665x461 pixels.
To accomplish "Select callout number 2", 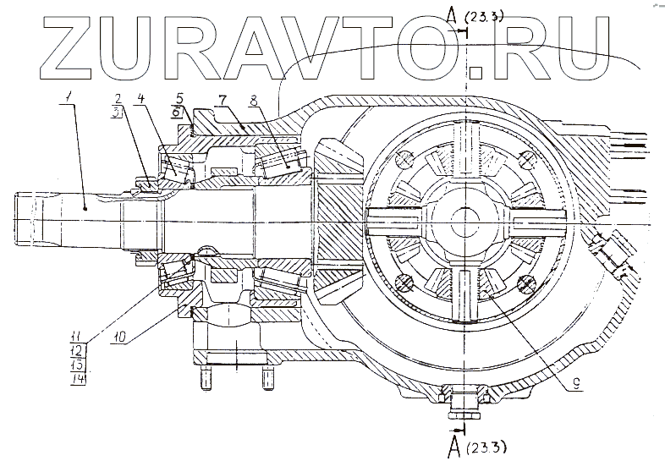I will pyautogui.click(x=119, y=98).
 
